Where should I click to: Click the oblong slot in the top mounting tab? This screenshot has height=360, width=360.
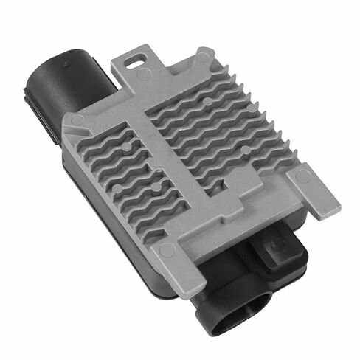point(137,56)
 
